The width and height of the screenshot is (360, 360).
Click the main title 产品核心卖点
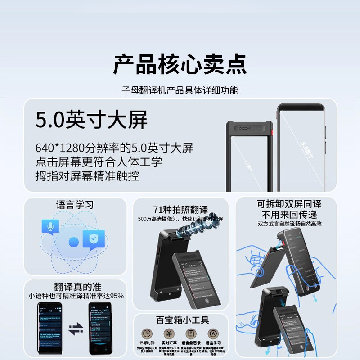(x=180, y=64)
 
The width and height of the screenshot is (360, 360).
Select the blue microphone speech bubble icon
(x=50, y=227)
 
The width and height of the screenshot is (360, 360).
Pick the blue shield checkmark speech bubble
(x=94, y=240)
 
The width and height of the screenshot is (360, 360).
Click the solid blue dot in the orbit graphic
(x=74, y=242)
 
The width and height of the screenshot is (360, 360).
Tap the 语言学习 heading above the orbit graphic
(x=75, y=205)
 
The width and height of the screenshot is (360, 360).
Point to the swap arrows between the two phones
(x=75, y=329)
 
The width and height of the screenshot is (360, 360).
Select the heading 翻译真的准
(x=75, y=286)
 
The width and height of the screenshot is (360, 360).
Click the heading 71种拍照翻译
(x=180, y=210)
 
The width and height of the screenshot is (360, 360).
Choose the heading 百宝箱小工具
(x=182, y=320)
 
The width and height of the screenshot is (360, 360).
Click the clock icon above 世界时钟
(x=147, y=333)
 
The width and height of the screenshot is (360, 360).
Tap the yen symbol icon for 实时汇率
(x=168, y=333)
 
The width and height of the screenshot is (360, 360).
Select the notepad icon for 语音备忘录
(x=191, y=333)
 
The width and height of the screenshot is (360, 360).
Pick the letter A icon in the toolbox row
(x=212, y=333)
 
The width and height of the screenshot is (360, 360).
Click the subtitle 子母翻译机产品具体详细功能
(x=180, y=90)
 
